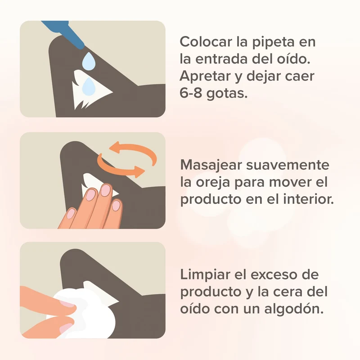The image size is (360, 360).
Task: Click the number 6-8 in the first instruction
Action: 189,93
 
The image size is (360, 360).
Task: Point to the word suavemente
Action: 288,165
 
